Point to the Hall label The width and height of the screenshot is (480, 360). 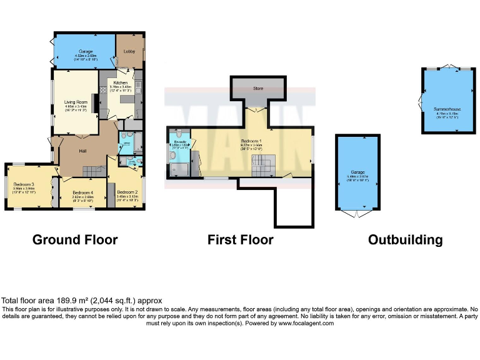click(82, 151)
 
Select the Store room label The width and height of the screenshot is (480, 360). click(258, 88)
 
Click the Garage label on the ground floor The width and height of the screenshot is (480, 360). click(85, 50)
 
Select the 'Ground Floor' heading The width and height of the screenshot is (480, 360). click(74, 239)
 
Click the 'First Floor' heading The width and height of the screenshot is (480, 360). click(240, 239)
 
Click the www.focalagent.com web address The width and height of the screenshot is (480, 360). click(309, 324)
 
